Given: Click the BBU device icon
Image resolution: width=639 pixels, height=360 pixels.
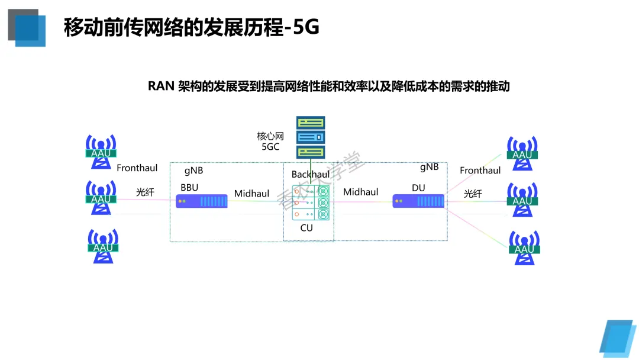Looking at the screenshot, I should [202, 201].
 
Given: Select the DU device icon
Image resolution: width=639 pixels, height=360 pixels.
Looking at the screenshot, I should [419, 202].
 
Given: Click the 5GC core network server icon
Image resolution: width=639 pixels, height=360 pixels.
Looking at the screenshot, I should [311, 138].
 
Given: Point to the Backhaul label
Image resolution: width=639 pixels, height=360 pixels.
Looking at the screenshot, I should [310, 175].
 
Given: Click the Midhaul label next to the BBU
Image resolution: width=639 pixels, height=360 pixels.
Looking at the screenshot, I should [251, 194].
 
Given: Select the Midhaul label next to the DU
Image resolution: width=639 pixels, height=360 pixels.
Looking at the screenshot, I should [360, 192].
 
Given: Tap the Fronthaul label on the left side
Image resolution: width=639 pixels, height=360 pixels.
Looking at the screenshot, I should [137, 168].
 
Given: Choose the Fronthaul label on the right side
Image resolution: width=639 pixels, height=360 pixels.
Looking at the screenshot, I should [480, 171].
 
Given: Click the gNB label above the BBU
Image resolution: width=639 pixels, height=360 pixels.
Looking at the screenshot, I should [193, 171].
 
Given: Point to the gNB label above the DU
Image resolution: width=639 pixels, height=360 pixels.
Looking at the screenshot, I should [429, 167].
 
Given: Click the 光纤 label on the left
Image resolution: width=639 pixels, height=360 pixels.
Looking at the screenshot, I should [145, 191].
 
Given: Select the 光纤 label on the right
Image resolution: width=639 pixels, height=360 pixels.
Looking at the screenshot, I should [473, 193].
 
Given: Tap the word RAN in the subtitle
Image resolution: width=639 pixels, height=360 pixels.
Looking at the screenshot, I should [161, 86].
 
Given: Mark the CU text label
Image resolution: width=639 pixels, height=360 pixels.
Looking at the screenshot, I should [306, 227].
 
